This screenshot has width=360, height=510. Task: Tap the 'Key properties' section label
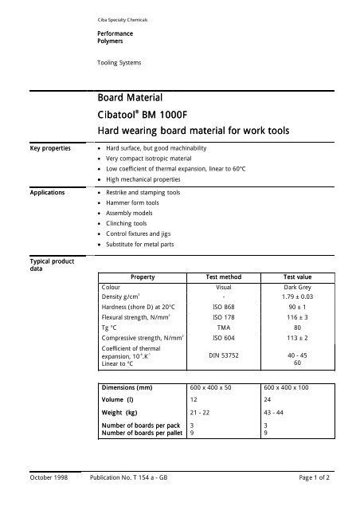click(x=41, y=147)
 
